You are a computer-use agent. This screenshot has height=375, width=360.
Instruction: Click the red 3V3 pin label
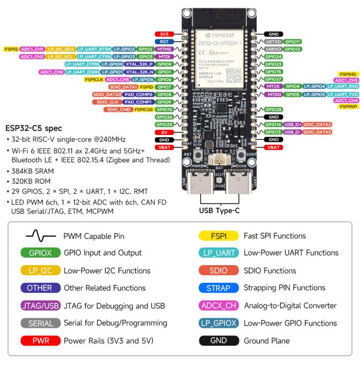163,34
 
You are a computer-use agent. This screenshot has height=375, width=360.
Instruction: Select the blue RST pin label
163,41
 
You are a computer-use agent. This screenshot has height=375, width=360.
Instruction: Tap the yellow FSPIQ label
11,49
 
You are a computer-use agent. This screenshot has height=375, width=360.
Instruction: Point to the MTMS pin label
163,49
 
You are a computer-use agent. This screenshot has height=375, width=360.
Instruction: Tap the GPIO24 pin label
273,56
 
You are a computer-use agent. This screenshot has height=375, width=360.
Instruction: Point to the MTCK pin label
273,86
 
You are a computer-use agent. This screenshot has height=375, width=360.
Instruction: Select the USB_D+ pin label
292,124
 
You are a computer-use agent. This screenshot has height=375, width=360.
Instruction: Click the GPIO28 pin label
273,109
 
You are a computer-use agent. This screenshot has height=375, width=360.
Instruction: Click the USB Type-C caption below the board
220,211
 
